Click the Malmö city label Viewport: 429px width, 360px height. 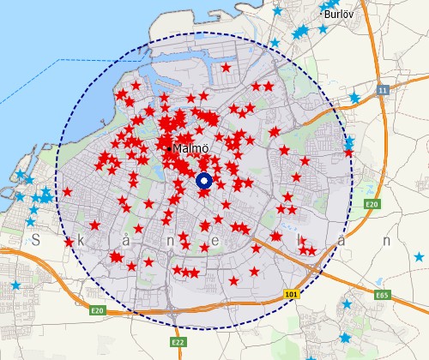(x=190, y=148)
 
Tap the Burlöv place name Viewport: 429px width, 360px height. (x=340, y=14)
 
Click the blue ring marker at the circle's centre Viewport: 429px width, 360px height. (x=204, y=181)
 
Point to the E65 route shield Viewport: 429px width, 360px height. (x=382, y=295)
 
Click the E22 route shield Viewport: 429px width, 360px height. (x=178, y=342)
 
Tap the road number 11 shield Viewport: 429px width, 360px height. (x=382, y=89)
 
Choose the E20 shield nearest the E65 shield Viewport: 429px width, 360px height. (x=372, y=204)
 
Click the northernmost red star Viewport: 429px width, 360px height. (x=226, y=67)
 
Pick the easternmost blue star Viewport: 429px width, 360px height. (x=419, y=257)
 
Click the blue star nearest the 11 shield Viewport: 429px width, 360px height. (x=353, y=99)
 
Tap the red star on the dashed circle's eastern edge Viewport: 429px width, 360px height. (x=348, y=153)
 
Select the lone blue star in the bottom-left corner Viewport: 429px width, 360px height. (x=15, y=285)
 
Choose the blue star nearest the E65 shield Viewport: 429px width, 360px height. (x=347, y=303)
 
